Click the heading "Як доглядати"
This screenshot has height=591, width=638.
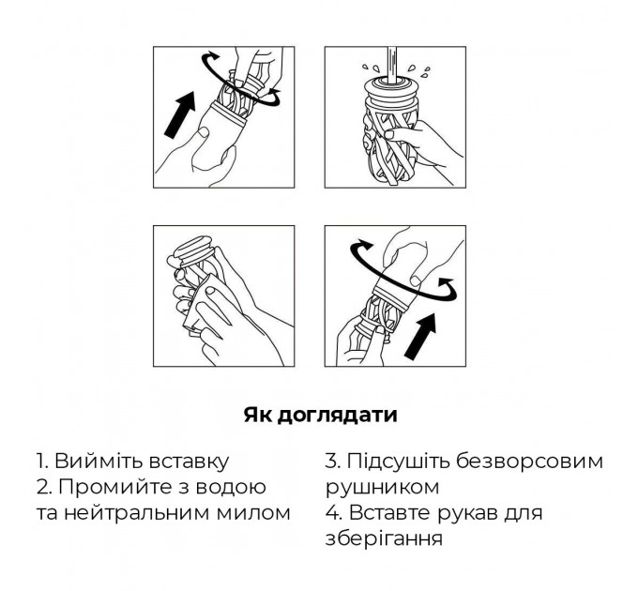[x=320, y=414]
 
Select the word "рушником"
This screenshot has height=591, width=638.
[x=381, y=488]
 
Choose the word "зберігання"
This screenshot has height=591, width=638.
[x=384, y=540]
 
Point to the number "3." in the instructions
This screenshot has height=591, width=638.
[x=332, y=462]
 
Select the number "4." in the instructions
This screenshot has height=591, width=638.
[x=333, y=514]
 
